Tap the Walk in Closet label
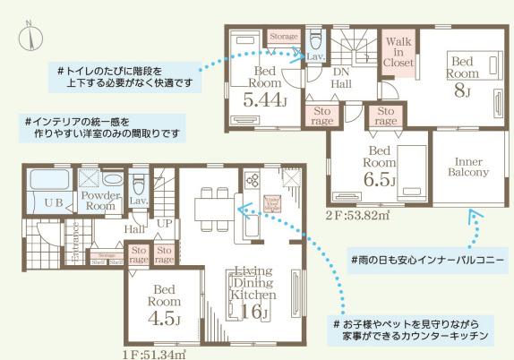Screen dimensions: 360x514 pos(398,52)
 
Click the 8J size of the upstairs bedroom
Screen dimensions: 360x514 pos(463,90)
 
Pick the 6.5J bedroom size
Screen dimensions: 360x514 pos(380,180)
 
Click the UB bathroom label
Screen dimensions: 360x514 pos(53,203)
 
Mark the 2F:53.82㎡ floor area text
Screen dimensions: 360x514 pos(358,216)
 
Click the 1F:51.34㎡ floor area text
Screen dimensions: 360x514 pos(154,353)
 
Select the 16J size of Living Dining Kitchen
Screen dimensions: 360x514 pos(253,311)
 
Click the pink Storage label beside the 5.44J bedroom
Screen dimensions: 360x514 pos(283,37)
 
